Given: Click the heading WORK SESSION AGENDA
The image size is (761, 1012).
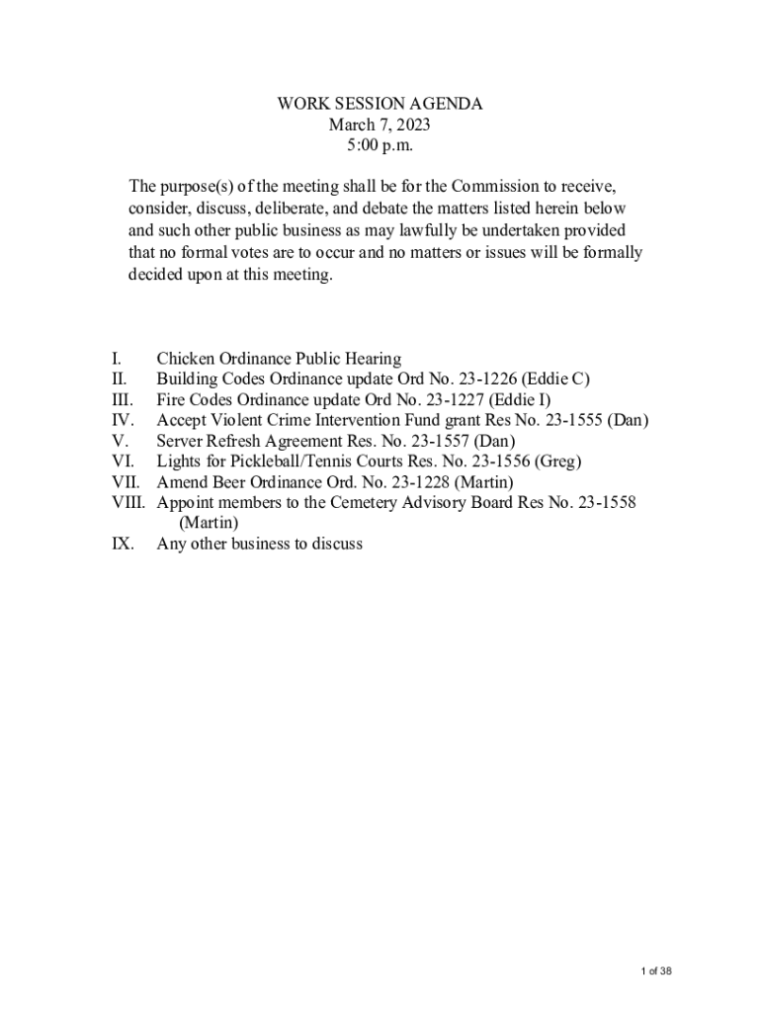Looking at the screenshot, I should (380, 104).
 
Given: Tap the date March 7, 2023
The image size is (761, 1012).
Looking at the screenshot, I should (380, 125).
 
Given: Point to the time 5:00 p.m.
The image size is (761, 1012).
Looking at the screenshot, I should (380, 145).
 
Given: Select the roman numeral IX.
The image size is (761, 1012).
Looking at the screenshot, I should (123, 544).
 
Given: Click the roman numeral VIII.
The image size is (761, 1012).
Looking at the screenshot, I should (128, 502).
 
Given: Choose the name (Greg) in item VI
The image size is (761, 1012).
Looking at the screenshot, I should (557, 462).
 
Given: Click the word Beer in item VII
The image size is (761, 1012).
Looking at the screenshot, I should (236, 482).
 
